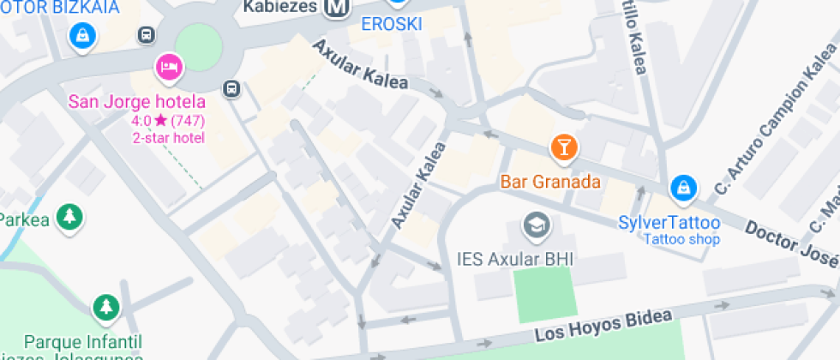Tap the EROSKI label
pyautogui.click(x=391, y=24)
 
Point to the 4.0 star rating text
pyautogui.click(x=168, y=121)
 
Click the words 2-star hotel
pyautogui.click(x=168, y=137)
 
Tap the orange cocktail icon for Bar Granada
pyautogui.click(x=563, y=147)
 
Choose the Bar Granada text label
pyautogui.click(x=549, y=183)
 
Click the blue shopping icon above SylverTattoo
pyautogui.click(x=683, y=187)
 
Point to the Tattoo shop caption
pyautogui.click(x=682, y=239)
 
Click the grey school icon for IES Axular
pyautogui.click(x=537, y=225)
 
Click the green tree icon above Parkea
pyautogui.click(x=69, y=216)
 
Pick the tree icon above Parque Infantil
pyautogui.click(x=105, y=307)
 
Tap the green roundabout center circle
pyautogui.click(x=199, y=47)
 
